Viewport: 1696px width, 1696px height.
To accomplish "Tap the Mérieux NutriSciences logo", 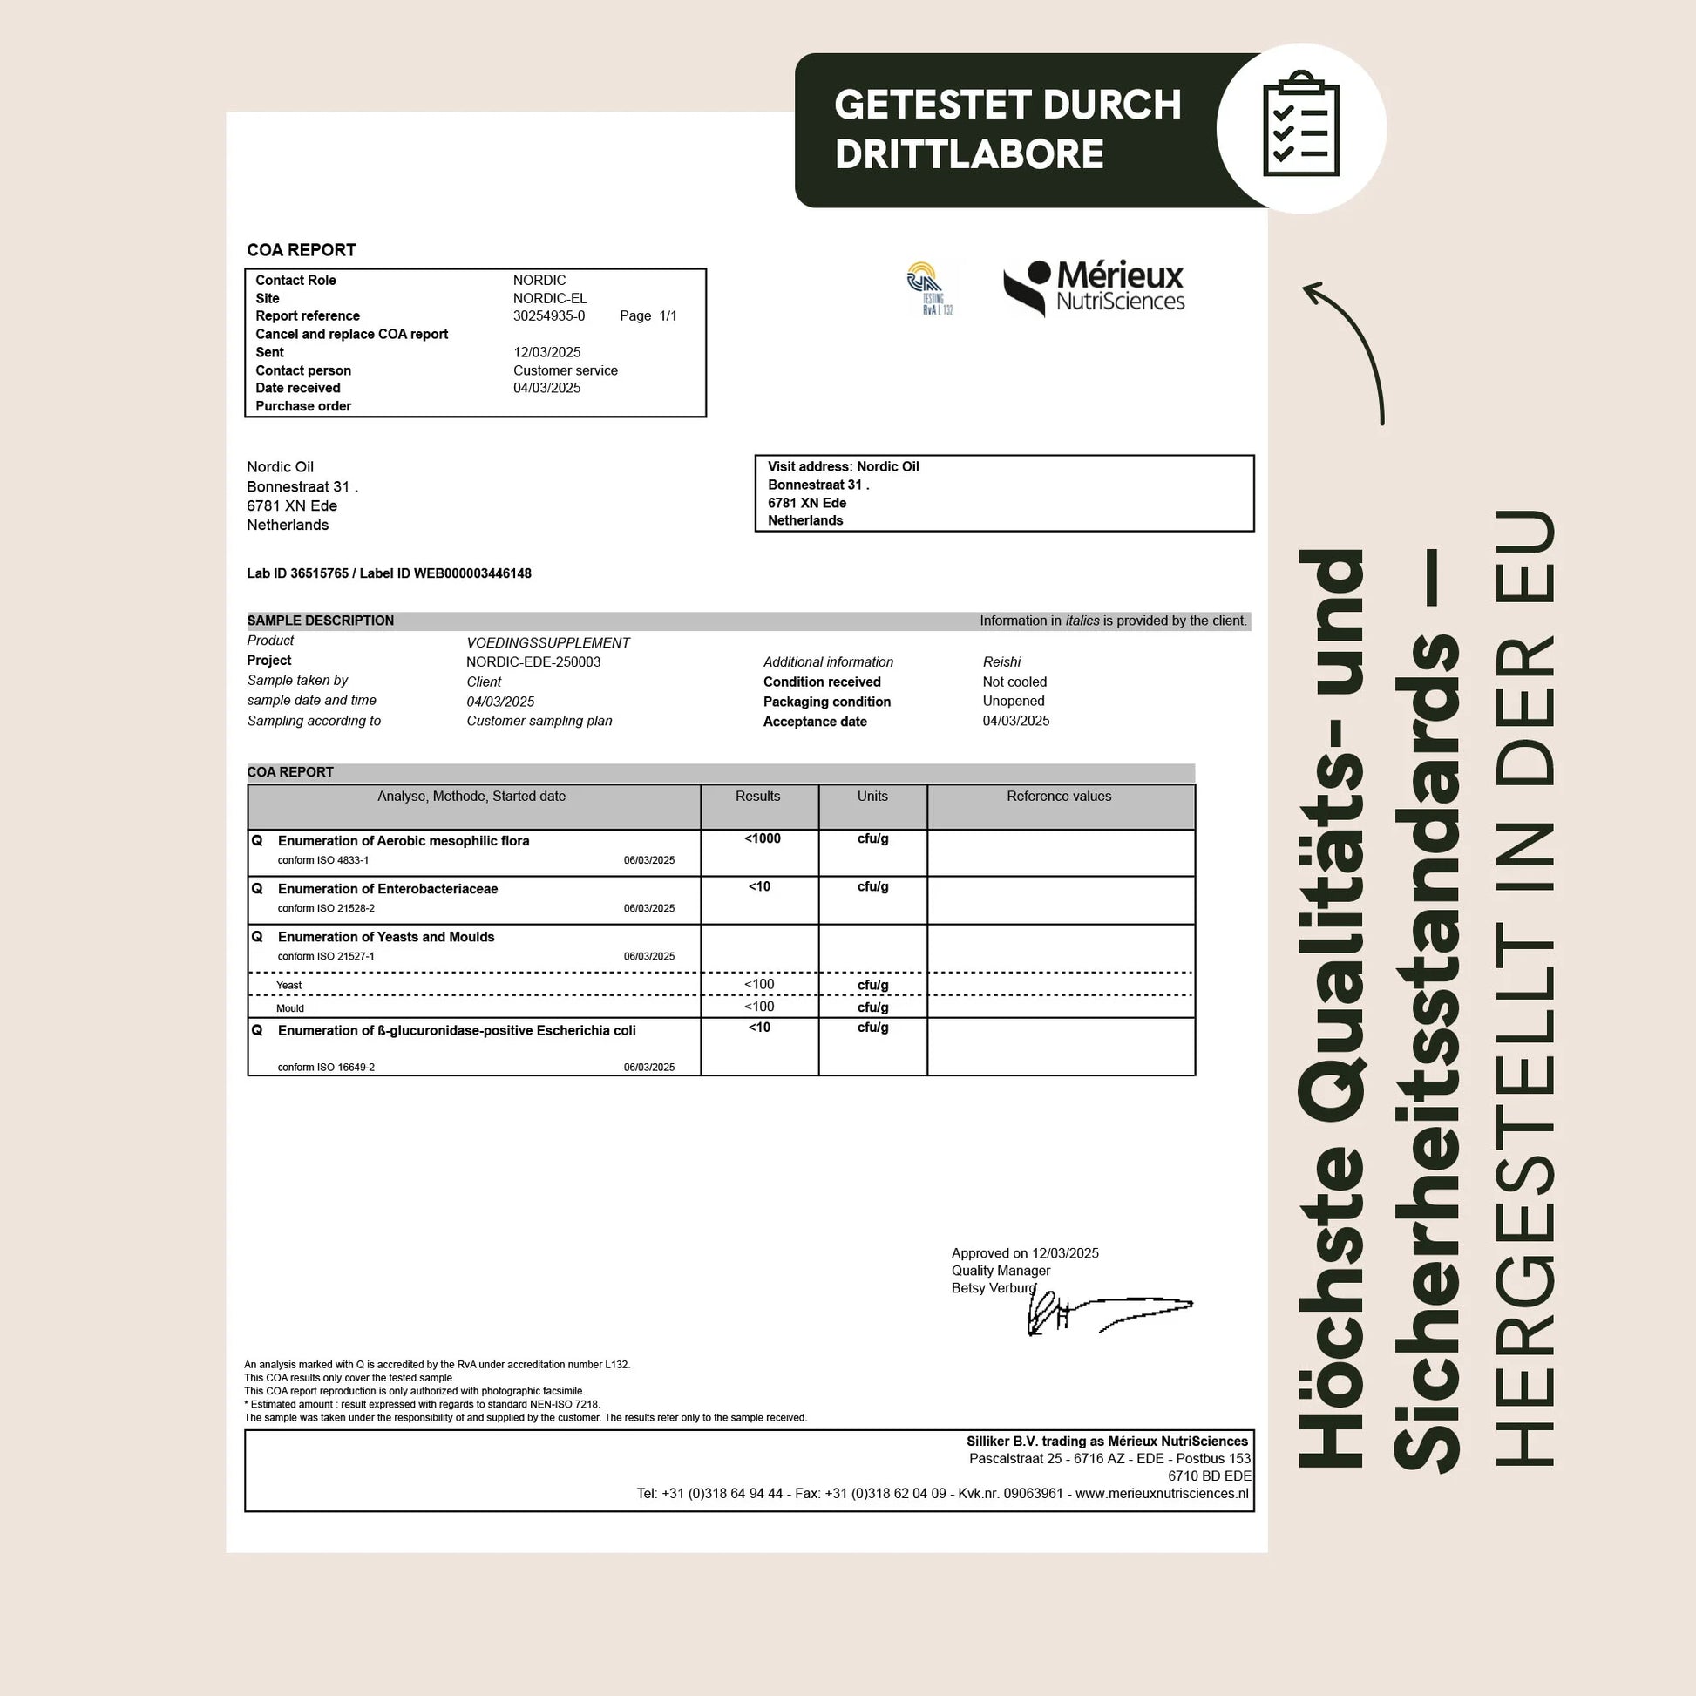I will [x=1094, y=287].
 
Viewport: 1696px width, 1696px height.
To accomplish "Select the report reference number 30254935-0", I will [x=549, y=316].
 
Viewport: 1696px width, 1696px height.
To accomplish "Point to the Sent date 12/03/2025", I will [x=547, y=352].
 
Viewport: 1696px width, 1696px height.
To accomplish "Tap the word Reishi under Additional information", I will [x=1001, y=661].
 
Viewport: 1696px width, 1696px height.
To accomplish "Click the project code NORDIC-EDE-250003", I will [x=533, y=661].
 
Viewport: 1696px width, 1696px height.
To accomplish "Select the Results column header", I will [x=757, y=797].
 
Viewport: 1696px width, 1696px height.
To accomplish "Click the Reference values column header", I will [x=1059, y=797].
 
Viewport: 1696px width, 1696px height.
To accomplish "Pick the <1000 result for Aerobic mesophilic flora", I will [x=762, y=838].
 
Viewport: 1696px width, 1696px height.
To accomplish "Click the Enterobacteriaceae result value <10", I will [x=759, y=886].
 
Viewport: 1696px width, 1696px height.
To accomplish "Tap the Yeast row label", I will [x=288, y=985].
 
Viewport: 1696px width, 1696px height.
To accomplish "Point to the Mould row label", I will [x=289, y=1007].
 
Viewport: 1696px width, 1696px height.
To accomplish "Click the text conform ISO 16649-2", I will [x=326, y=1068].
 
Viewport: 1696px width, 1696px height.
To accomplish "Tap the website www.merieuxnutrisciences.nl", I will [x=1161, y=1493].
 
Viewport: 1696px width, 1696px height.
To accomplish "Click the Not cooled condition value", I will [x=1014, y=682].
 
